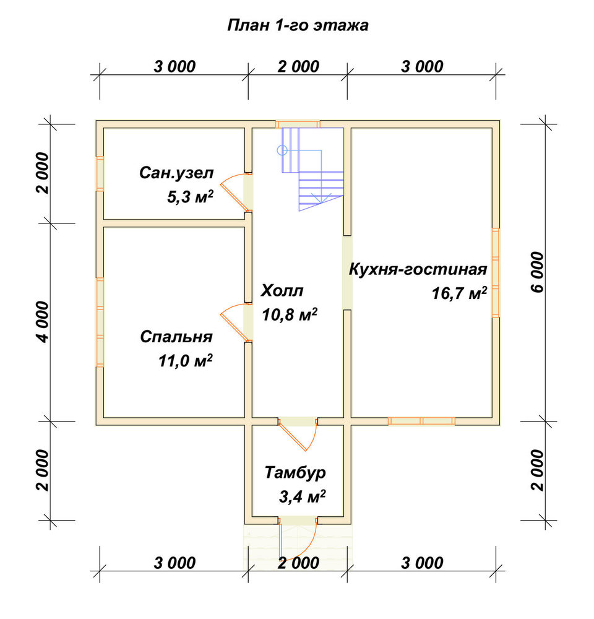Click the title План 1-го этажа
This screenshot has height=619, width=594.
pos(298,25)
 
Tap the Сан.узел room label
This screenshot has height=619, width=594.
pos(176,173)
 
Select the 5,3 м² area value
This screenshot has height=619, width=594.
pos(190,197)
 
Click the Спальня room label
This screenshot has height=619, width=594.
pos(176,337)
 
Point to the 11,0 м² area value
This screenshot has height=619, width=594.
pos(186,360)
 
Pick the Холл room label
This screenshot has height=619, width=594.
pos(282,290)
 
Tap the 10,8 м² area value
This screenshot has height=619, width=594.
pos(290,314)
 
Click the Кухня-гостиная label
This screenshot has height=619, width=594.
pos(418,269)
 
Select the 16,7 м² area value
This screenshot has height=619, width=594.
pos(459,293)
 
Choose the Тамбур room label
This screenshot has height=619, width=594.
pos(295,472)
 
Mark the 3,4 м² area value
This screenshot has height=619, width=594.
pos(303,496)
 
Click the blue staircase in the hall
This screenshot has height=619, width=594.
pos(312,169)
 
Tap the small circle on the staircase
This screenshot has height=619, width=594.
pos(282,150)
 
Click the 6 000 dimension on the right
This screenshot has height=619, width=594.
pos(537,272)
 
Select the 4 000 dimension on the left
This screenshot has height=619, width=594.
pos(43,322)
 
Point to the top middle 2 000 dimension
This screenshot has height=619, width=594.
pos(298,67)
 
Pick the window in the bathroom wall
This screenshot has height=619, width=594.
pos(100,174)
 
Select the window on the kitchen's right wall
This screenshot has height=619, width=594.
pos(496,273)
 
